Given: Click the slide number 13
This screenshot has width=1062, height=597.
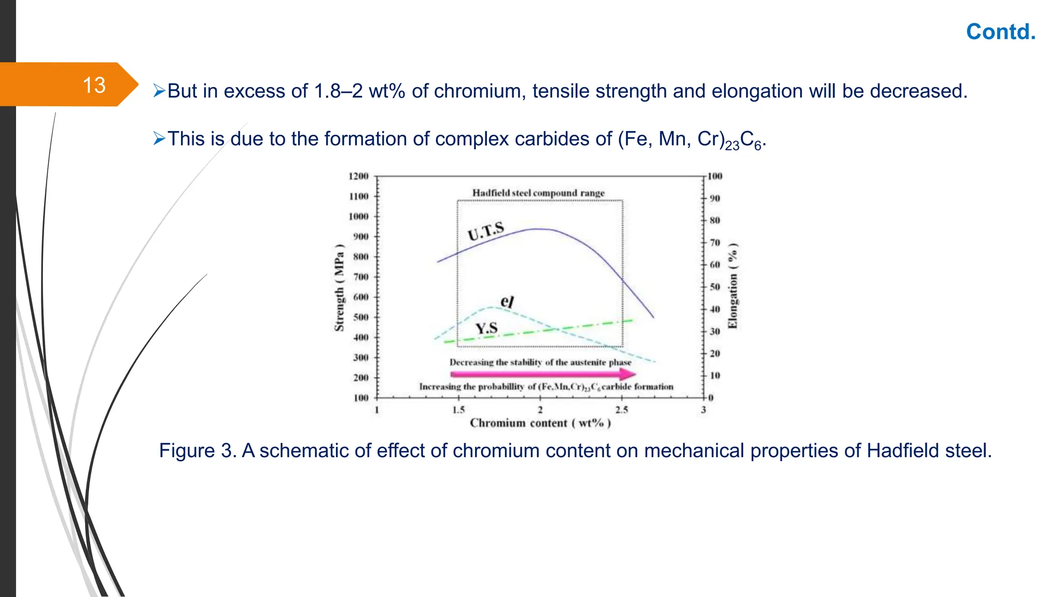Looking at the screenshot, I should click(94, 85).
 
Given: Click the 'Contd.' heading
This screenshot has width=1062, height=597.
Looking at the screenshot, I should click(1000, 32).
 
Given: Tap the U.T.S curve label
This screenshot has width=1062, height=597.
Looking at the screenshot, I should click(486, 231).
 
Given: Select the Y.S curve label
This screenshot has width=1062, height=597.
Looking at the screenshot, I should click(486, 328).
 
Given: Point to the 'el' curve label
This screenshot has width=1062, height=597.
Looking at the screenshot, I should click(507, 302).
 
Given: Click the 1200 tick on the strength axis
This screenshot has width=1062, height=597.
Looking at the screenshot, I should click(358, 177).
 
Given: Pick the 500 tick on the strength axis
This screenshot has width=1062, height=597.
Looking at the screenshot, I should click(360, 317).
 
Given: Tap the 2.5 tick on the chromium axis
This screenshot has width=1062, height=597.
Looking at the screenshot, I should click(622, 410).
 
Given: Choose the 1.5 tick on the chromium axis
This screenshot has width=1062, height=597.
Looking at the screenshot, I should click(458, 410).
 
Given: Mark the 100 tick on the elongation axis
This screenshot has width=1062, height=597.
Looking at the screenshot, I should click(715, 177).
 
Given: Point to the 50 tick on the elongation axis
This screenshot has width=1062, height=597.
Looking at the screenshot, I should click(715, 287).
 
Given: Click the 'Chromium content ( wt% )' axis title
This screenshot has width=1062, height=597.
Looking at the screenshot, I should click(540, 423).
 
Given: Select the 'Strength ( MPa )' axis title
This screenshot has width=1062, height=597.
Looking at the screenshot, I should click(339, 288).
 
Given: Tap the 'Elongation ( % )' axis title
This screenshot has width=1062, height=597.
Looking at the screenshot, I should click(733, 286).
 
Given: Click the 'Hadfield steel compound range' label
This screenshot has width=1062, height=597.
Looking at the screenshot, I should click(538, 193).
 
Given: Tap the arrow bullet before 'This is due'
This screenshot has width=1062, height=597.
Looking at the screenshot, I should click(159, 138).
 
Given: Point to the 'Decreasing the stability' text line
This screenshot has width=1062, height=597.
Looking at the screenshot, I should click(540, 362).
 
